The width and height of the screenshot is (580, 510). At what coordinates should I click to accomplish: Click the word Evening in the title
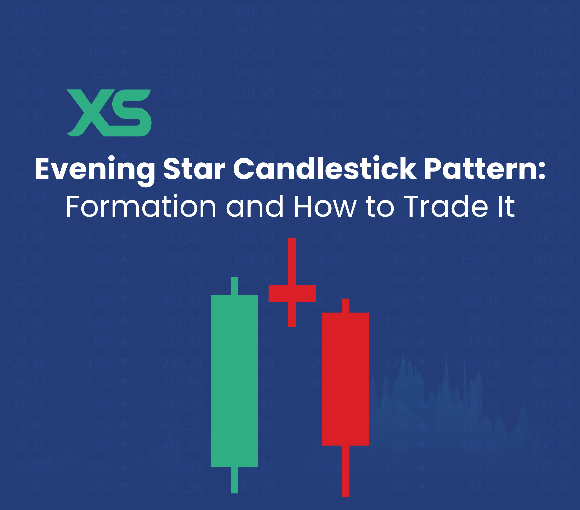(95, 169)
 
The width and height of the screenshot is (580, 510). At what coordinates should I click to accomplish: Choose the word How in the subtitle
(325, 206)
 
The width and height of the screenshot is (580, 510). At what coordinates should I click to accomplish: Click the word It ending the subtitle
(506, 206)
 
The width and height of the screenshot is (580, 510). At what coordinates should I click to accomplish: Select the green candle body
(234, 381)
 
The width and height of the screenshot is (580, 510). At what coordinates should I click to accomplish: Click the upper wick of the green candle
(234, 286)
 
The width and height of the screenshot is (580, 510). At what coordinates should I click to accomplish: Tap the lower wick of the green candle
(234, 480)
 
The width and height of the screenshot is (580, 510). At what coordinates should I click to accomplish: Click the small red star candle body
(292, 293)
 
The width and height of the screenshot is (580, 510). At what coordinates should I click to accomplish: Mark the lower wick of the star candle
(292, 315)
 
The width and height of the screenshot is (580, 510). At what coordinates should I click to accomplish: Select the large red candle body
(345, 379)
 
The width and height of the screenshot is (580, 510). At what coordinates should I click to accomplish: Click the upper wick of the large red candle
(345, 305)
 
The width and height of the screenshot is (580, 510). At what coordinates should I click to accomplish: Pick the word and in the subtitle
(255, 206)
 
